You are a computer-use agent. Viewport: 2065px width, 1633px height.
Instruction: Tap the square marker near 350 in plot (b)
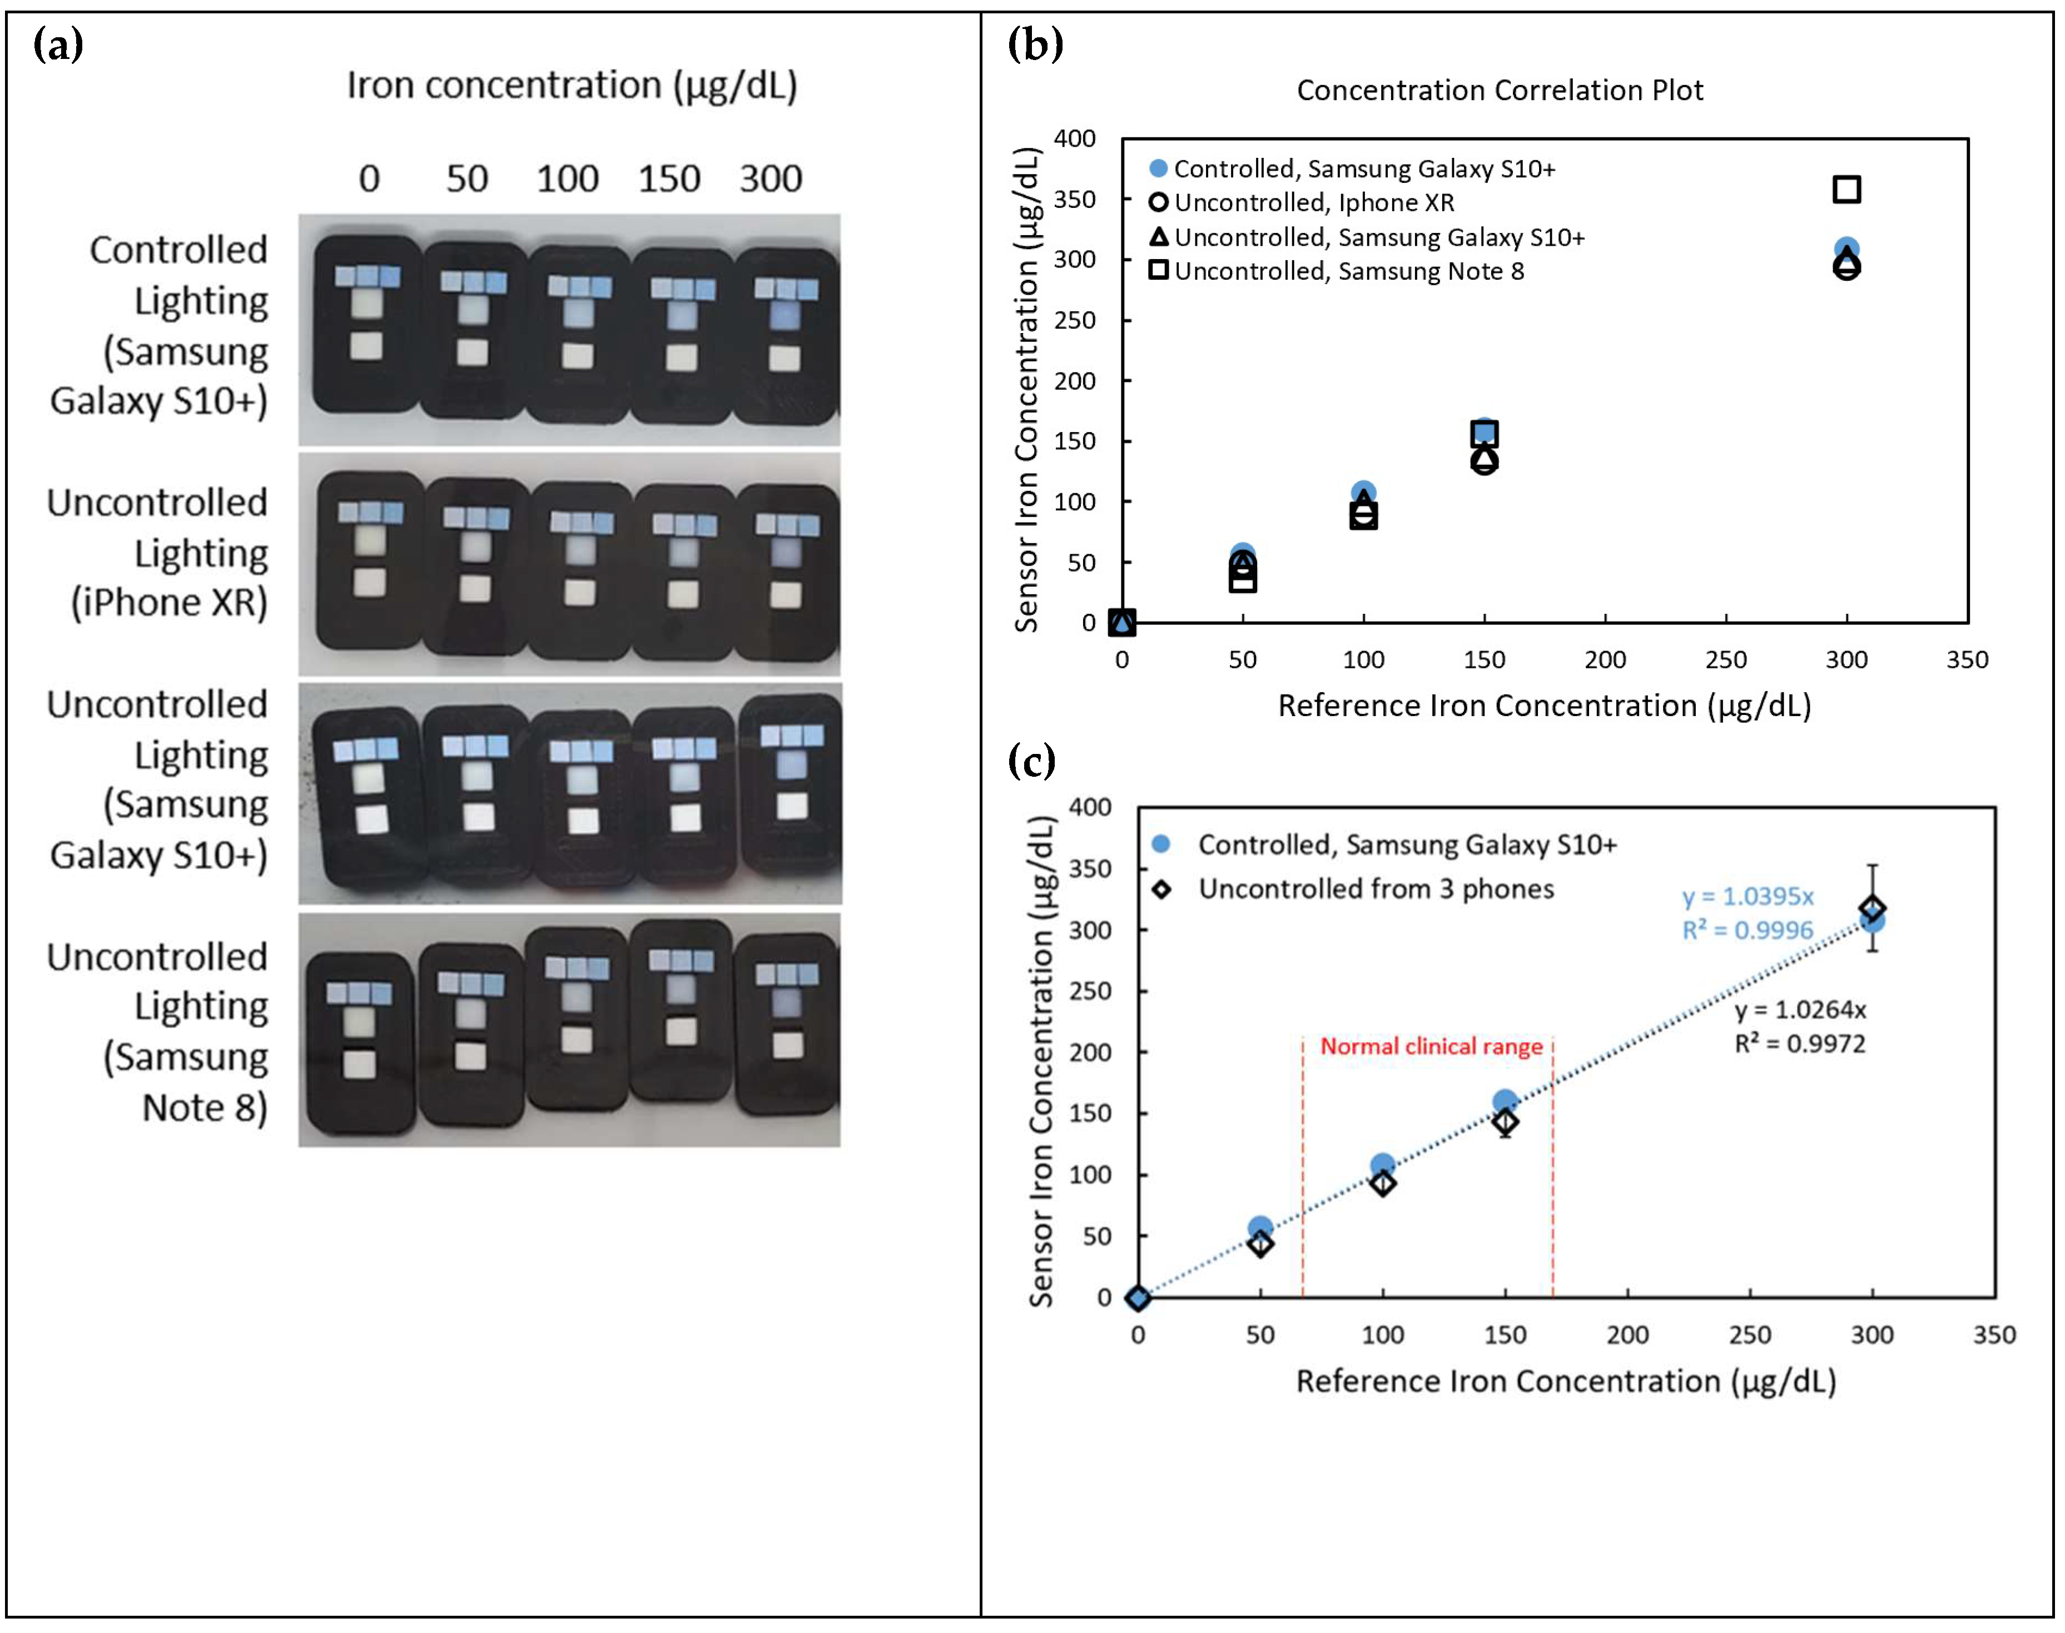click(x=1845, y=189)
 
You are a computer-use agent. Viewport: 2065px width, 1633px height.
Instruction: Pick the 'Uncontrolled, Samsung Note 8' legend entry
click(x=1348, y=271)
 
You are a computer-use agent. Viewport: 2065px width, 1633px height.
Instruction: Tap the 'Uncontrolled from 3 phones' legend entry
click(x=1375, y=889)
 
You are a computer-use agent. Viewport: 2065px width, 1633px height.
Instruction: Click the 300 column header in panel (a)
click(x=770, y=179)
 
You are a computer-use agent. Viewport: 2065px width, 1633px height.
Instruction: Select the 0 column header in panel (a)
click(x=369, y=179)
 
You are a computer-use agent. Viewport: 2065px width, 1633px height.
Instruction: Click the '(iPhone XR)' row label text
click(x=169, y=602)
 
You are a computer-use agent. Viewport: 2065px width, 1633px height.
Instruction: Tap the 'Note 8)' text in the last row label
click(x=205, y=1107)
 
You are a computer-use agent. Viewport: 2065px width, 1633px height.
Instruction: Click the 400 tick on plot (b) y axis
click(x=1075, y=138)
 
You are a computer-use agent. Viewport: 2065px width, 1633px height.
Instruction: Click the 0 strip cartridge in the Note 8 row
click(x=360, y=1042)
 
